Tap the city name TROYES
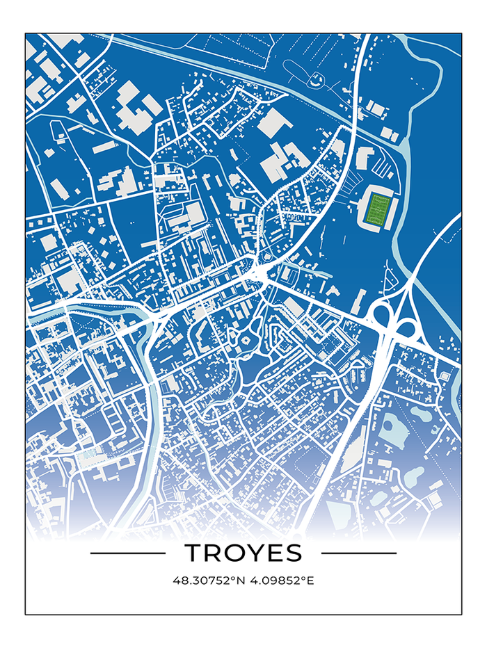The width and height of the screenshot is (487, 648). click(243, 553)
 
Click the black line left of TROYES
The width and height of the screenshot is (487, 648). click(128, 553)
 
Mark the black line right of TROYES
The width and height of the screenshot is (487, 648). click(359, 553)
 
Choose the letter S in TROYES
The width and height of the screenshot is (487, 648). click(294, 553)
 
